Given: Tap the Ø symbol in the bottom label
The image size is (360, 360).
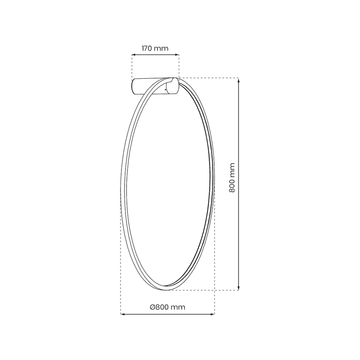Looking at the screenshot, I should (153, 306).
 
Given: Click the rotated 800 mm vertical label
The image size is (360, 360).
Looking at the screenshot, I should (232, 178).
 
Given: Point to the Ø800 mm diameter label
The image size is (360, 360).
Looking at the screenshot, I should (167, 306).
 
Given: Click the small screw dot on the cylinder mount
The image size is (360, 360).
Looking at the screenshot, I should (166, 90).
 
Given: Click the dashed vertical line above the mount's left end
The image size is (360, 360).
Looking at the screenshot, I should (131, 67).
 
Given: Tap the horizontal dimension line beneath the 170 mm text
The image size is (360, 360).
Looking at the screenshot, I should (155, 55).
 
